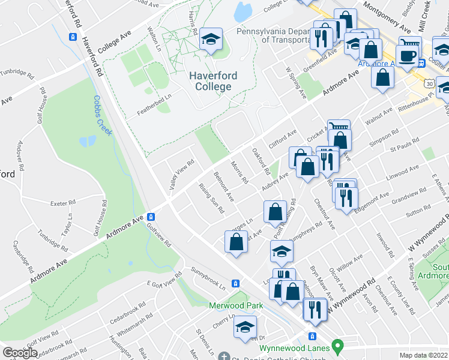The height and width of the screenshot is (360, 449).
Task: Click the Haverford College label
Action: pyautogui.click(x=213, y=81)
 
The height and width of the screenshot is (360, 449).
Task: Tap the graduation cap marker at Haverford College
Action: pyautogui.click(x=211, y=40)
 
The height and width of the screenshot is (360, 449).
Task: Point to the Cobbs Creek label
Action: pyautogui.click(x=103, y=115)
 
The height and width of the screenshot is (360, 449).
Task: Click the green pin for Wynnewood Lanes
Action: pyautogui.click(x=338, y=346)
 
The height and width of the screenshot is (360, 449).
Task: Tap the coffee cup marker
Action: pyautogui.click(x=409, y=56)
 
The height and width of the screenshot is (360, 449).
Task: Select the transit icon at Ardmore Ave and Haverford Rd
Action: pyautogui.click(x=152, y=217)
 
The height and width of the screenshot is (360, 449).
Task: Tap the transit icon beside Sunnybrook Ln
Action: pyautogui.click(x=237, y=283)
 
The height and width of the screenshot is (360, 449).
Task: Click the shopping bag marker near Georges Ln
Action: pyautogui.click(x=236, y=242)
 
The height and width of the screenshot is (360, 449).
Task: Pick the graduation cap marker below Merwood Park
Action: pyautogui.click(x=245, y=327)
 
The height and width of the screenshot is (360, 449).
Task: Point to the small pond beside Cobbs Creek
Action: pyautogui.click(x=87, y=142)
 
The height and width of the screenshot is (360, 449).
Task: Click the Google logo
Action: pyautogui.click(x=20, y=353)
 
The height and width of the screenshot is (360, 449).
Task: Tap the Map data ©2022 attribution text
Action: pyautogui.click(x=423, y=355)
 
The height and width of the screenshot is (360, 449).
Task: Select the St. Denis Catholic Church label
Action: pyautogui.click(x=270, y=356)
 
